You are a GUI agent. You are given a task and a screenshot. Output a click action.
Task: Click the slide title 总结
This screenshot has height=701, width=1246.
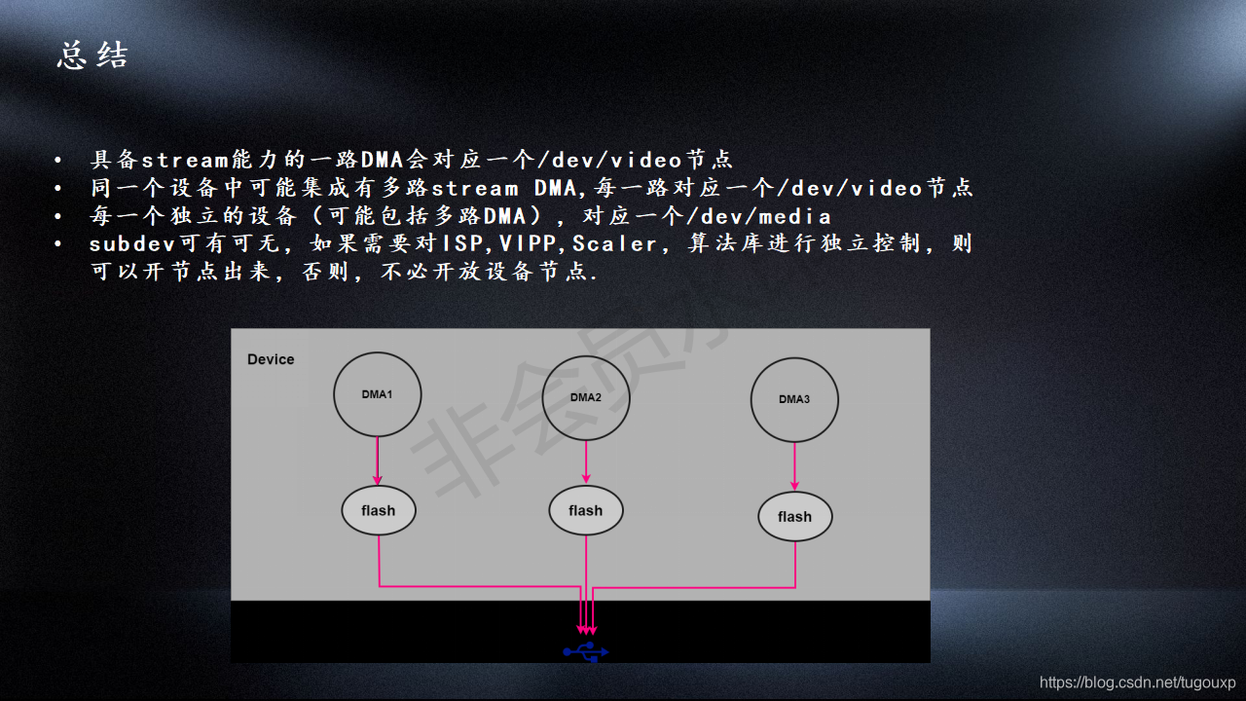(x=92, y=55)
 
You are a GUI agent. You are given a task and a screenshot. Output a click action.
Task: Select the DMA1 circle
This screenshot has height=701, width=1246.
(x=377, y=394)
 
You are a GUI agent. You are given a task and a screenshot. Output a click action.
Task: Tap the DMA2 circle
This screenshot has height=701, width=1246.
(x=586, y=398)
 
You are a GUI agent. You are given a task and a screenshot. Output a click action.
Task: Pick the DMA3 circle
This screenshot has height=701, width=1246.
(x=794, y=399)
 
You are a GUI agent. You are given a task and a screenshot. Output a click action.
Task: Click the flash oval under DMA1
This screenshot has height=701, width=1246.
(x=379, y=510)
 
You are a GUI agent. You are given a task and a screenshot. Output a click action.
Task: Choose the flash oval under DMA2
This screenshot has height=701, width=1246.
(x=586, y=510)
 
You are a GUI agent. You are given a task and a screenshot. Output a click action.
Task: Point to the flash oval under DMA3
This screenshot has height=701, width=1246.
(x=794, y=517)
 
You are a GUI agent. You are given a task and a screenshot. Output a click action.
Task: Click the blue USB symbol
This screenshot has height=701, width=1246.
(x=586, y=650)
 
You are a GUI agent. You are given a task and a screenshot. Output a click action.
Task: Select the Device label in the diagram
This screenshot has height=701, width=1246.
(x=271, y=359)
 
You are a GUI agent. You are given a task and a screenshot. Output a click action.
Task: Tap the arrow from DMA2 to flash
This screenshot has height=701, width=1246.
(x=586, y=461)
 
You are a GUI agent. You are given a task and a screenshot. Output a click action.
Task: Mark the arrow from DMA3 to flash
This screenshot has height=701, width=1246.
(x=794, y=467)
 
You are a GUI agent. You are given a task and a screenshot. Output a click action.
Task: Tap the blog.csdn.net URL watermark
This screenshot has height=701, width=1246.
(x=1137, y=683)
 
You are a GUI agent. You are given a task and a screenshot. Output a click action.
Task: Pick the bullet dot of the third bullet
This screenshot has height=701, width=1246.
(x=58, y=216)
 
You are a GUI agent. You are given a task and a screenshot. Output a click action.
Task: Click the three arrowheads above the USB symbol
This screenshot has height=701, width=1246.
(x=587, y=629)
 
